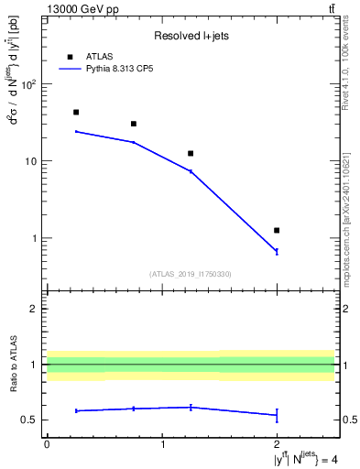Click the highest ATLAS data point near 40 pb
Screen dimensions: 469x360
[75, 112]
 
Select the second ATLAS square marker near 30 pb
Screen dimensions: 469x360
[134, 124]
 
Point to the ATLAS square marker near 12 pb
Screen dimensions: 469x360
[191, 153]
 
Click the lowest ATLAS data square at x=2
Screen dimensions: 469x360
[277, 230]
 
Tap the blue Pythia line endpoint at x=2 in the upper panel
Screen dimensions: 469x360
[277, 251]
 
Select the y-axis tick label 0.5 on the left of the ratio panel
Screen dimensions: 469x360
[30, 420]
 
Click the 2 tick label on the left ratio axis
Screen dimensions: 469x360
[34, 309]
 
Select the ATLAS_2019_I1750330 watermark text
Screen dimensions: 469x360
[191, 274]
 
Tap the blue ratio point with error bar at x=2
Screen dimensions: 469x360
[277, 415]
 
